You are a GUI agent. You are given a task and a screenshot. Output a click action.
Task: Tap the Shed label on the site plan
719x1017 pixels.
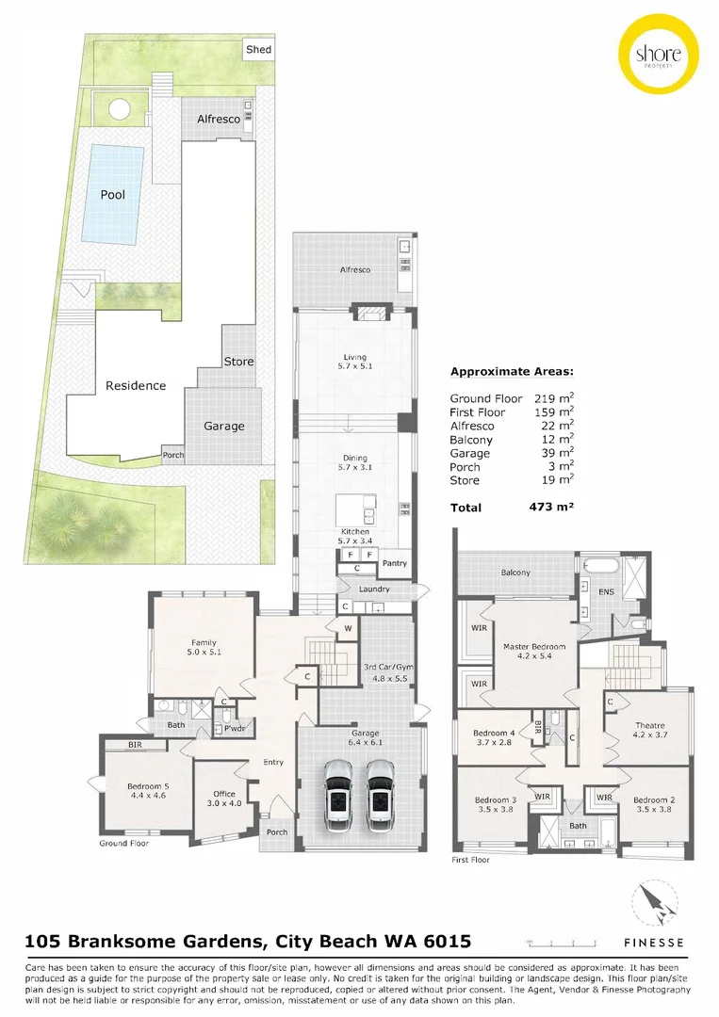coord(257,49)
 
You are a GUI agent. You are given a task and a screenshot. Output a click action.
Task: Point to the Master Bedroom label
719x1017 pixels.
coord(534,647)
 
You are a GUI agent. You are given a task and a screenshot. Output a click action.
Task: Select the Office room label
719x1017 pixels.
coord(223,794)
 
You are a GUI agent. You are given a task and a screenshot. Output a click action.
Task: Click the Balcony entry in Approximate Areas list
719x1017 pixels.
coord(471,440)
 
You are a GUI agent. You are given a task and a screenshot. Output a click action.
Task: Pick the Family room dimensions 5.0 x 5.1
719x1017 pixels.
coord(204,651)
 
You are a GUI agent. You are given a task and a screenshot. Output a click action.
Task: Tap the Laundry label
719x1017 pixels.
coord(374,589)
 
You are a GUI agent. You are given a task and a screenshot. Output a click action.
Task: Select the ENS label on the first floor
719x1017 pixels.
coord(606,592)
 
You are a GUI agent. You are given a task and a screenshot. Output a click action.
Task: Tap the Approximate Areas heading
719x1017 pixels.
coord(512,371)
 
